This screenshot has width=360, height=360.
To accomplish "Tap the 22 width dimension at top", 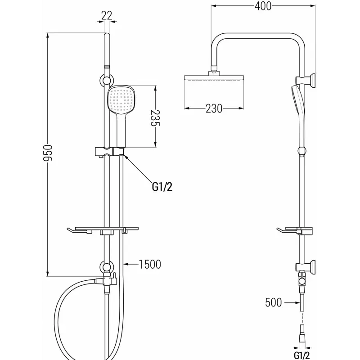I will point(107,15).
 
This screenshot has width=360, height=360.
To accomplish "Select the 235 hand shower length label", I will point(155,118).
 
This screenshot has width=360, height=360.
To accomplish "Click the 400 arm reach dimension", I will point(263,6).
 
